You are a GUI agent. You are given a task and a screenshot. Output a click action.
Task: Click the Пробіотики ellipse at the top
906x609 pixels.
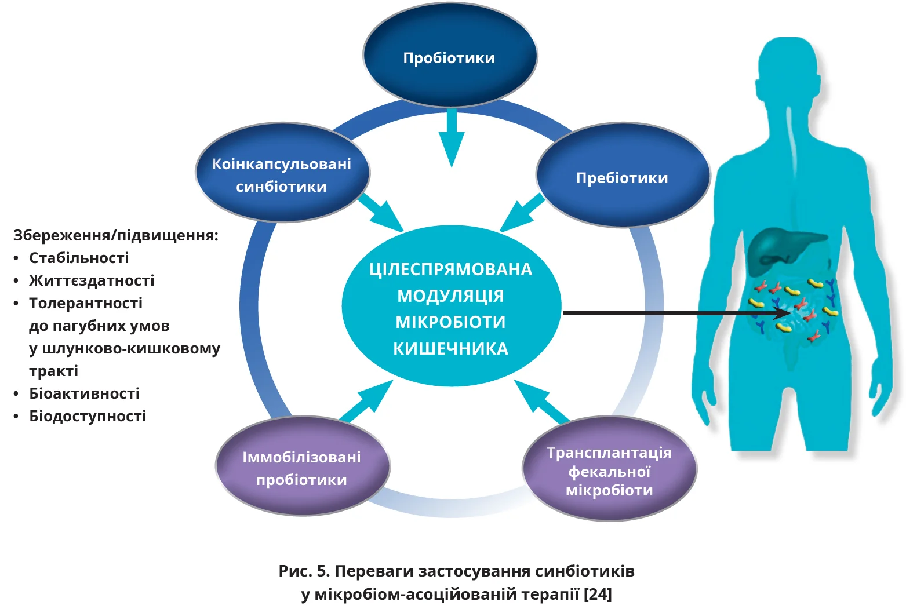pos(450,56)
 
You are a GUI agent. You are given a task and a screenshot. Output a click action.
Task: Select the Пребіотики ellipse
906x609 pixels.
pos(623,176)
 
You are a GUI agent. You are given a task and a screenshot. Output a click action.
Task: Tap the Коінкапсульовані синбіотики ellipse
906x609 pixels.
pos(282,173)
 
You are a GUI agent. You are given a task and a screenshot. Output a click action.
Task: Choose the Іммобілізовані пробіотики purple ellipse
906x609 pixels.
pos(302,467)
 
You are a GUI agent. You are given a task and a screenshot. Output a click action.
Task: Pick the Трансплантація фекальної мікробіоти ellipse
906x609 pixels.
pos(609,469)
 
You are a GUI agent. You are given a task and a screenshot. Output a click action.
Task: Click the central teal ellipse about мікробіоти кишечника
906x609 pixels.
pos(451,307)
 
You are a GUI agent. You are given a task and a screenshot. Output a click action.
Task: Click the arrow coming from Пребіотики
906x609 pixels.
pos(521,213)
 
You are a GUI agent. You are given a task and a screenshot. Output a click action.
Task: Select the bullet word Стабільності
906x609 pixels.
pos(79,258)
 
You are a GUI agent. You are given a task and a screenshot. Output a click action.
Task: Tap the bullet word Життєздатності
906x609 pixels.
pos(92,280)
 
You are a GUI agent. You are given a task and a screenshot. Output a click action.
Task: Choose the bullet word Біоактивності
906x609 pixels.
pos(84,393)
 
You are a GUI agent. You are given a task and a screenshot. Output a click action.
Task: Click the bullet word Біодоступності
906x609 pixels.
pos(88,416)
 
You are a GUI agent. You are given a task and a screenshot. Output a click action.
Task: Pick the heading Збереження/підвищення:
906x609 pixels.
pos(115,235)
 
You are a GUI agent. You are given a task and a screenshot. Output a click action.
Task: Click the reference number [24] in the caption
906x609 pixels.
pos(598,594)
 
